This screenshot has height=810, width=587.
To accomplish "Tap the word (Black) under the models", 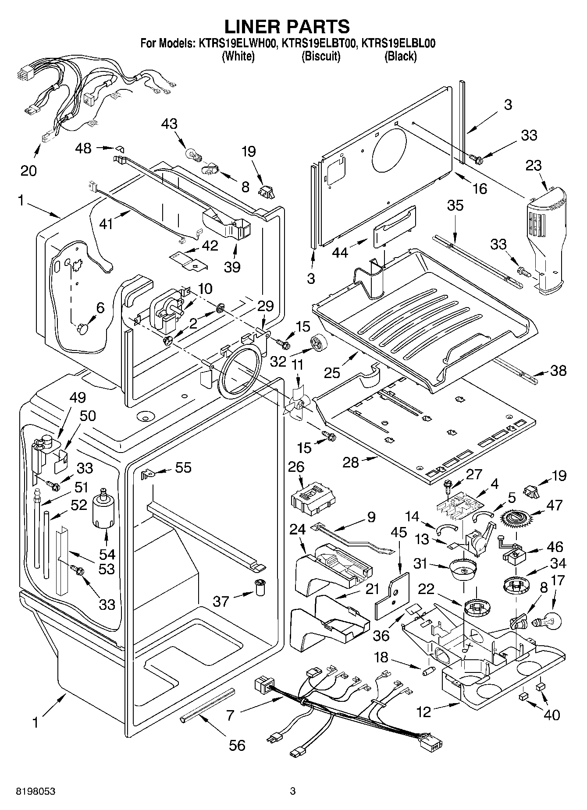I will [400, 56].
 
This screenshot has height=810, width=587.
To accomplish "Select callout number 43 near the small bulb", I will [169, 124].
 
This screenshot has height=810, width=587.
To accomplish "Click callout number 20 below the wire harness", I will [28, 170].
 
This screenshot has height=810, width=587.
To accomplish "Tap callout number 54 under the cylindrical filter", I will [107, 555].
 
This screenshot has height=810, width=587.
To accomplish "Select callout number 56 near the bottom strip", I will [237, 745].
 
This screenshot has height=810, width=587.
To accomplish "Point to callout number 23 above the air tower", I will [534, 166].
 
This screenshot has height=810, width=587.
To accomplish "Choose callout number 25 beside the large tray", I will [332, 373].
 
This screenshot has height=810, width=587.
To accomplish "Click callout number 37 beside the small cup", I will [221, 601].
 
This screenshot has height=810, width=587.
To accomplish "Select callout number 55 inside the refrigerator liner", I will [183, 467].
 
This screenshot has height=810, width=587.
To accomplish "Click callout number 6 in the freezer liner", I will [100, 308].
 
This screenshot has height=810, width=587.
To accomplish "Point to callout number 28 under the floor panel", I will [351, 462].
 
